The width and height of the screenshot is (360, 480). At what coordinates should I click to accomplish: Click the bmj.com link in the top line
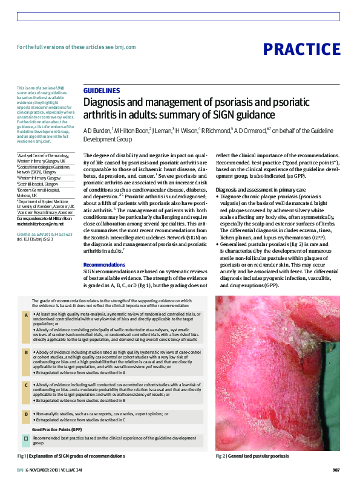coord(123,47)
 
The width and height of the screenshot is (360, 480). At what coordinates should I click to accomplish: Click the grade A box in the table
coord(25,316)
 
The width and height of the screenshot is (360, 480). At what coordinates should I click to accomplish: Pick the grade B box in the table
coord(25,351)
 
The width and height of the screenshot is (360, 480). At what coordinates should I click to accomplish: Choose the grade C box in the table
coord(25,384)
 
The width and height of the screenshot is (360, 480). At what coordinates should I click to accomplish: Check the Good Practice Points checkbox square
coord(25,437)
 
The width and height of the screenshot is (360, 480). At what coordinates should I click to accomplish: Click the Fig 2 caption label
coord(221,455)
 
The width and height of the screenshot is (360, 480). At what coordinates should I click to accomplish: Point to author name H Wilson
coord(188,130)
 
